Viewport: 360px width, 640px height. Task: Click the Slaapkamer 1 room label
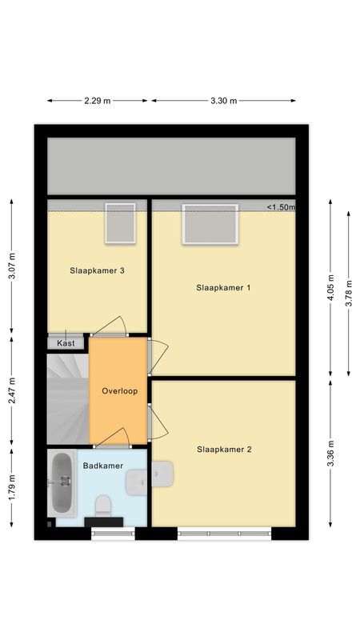point(224,287)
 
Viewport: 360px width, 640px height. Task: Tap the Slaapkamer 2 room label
point(224,450)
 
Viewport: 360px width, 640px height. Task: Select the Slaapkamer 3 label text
point(97,270)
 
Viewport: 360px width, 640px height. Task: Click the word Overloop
point(120,391)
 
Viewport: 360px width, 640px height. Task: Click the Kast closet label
point(66,343)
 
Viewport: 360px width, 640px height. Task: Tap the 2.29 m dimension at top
point(98,101)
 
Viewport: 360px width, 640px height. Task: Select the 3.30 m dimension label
point(223,101)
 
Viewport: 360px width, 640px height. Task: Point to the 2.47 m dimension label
point(11,390)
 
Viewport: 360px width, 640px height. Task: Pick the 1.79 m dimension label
point(11,488)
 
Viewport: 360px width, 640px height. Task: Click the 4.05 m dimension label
point(330,287)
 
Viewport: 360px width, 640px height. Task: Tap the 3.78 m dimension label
point(349,294)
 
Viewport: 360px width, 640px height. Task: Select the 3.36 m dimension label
point(330,454)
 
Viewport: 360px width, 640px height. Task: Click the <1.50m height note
point(281,207)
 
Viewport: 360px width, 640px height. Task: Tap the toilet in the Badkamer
point(102,506)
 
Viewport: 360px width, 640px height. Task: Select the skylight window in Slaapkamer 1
point(210,224)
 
